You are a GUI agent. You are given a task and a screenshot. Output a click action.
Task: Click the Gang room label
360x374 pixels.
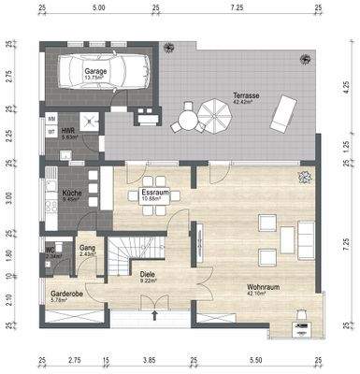pos(88,247)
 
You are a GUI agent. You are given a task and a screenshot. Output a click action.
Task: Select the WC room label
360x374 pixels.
pos(47,251)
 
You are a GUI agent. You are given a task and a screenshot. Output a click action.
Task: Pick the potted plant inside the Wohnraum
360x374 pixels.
pos(302,177)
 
